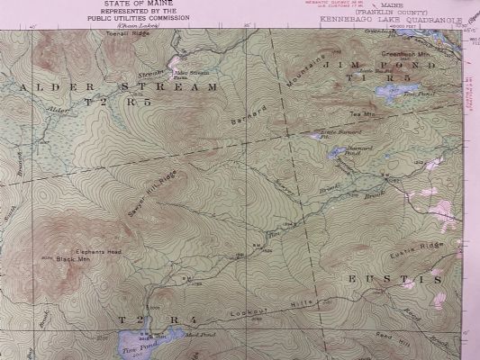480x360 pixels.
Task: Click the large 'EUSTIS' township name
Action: [x=394, y=280]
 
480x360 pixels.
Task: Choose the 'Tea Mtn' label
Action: [x=361, y=114]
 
